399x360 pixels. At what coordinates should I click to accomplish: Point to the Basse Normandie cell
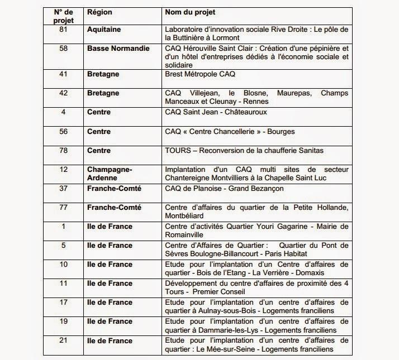pyautogui.click(x=118, y=49)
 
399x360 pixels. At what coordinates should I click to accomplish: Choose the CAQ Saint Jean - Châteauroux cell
pyautogui.click(x=216, y=112)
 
